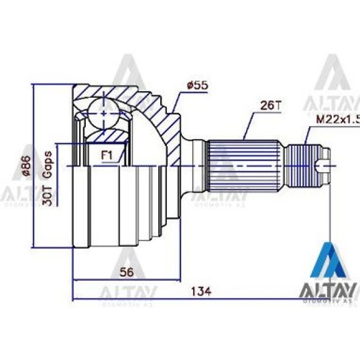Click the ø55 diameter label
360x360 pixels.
(x=197, y=86)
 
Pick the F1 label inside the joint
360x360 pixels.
(x=107, y=155)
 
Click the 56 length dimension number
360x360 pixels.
(x=126, y=272)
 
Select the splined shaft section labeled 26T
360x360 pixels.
(x=244, y=164)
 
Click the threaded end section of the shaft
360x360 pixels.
(x=303, y=165)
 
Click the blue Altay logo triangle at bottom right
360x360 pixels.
(x=328, y=262)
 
